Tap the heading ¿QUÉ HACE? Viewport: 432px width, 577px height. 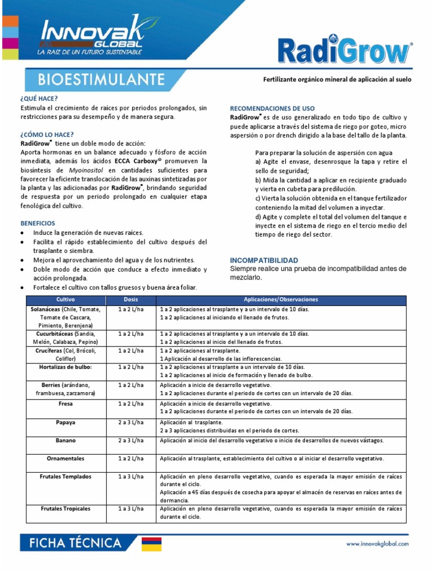click(x=39, y=99)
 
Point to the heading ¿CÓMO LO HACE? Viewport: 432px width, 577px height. click(x=46, y=135)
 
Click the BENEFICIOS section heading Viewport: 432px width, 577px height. click(x=38, y=223)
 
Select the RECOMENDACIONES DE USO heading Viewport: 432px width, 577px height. click(x=272, y=108)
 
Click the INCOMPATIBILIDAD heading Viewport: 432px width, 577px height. click(x=264, y=260)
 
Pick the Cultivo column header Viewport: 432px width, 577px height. click(x=66, y=299)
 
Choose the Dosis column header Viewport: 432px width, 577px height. click(x=130, y=299)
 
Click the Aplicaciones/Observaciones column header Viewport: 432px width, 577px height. click(x=281, y=299)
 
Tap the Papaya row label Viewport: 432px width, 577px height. click(x=66, y=422)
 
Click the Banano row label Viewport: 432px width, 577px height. click(x=66, y=440)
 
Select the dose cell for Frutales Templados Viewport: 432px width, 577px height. click(x=130, y=476)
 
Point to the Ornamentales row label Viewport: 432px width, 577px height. click(x=66, y=458)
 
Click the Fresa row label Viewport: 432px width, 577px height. click(x=66, y=404)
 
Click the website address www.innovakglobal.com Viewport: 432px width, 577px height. click(x=377, y=544)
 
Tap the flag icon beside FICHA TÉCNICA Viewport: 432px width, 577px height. click(x=151, y=544)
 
